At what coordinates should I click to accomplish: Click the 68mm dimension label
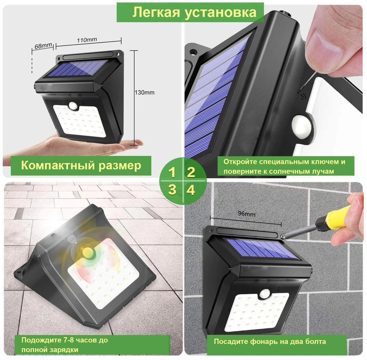43,46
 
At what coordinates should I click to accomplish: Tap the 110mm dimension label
87,40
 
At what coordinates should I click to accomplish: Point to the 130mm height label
145,93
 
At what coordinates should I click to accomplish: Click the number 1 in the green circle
172,172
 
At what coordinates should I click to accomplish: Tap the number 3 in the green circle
172,190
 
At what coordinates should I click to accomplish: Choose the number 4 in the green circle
191,190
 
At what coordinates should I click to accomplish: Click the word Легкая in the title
156,12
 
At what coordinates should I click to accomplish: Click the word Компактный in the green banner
57,165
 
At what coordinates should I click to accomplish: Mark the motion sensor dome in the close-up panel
301,126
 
